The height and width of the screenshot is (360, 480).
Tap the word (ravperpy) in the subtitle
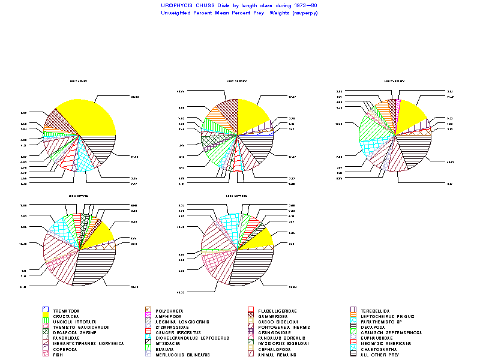(305, 13)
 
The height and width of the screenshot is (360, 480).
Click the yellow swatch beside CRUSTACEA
(46, 316)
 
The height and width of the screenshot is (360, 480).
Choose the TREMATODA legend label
(66, 311)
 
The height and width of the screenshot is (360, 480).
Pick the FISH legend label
(58, 355)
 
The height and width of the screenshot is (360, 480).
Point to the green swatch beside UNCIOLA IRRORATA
(46, 322)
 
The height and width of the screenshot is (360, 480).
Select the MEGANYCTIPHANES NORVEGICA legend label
(88, 344)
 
